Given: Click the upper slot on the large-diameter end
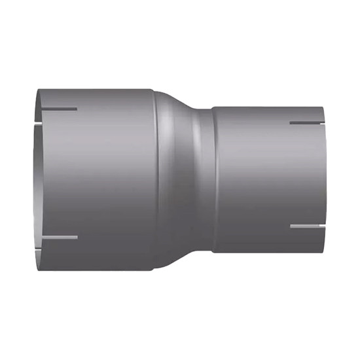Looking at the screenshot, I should coord(59,109).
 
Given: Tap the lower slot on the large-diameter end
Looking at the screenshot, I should coord(59,237).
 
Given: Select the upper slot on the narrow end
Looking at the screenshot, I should coord(306,122).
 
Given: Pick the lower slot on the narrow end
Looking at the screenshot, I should coord(306,226).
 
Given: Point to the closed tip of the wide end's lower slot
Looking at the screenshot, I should coord(77,237).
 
